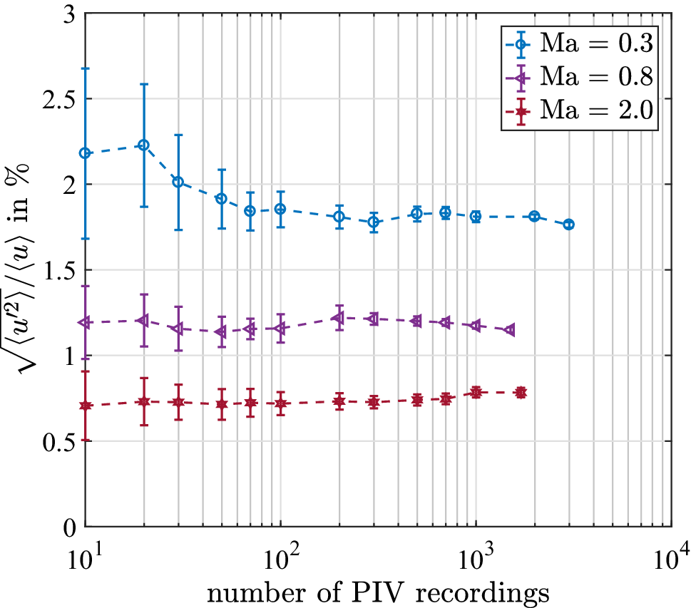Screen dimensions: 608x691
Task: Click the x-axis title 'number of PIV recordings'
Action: coord(377,591)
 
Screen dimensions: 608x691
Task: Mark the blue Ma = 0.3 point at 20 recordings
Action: coord(144,145)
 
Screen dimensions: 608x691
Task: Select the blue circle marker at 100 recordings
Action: coord(280,209)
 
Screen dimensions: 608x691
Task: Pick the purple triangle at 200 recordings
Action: coord(339,317)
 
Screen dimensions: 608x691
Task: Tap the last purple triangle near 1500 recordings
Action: coord(510,330)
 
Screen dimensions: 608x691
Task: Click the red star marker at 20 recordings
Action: coord(144,402)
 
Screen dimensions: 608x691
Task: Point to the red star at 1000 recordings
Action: coord(476,392)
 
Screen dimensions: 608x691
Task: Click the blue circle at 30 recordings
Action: coord(178,182)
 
